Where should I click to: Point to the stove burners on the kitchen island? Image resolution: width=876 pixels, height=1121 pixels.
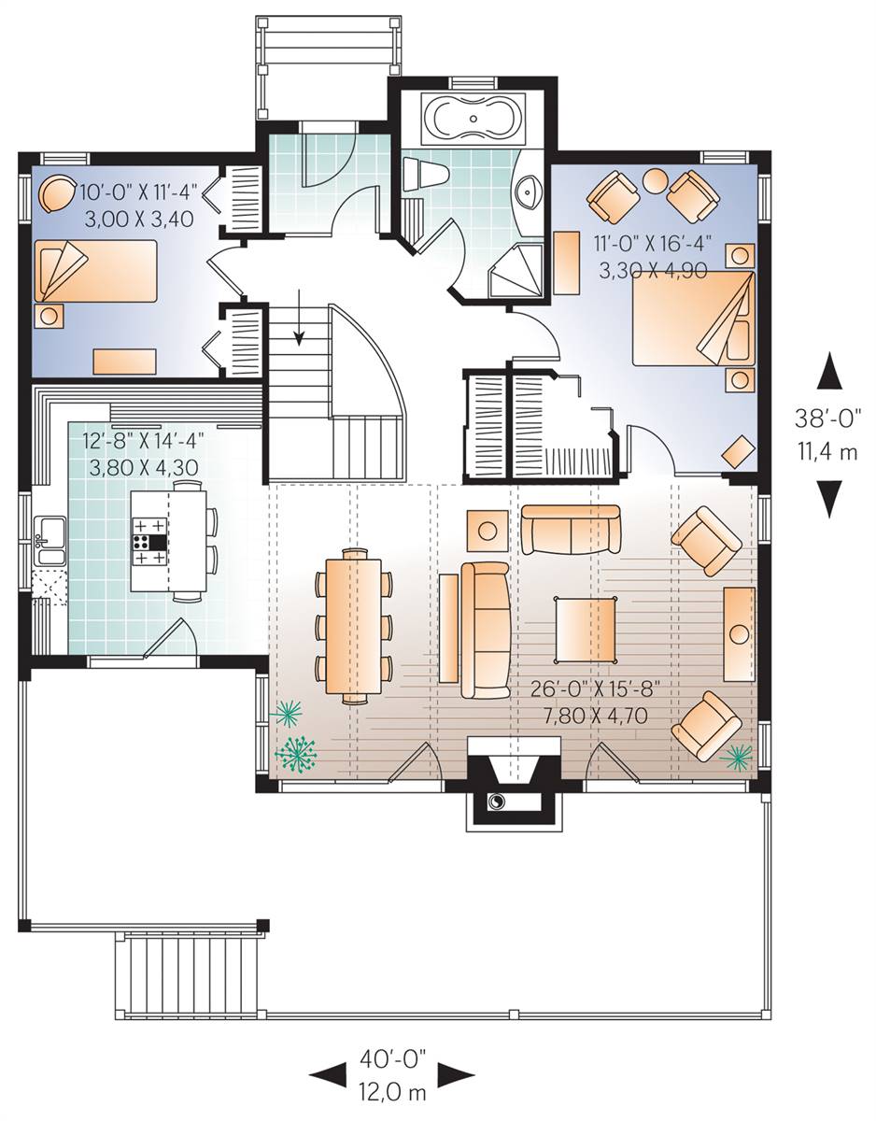click(x=150, y=542)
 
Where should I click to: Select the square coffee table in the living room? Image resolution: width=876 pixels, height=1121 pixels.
click(x=586, y=630)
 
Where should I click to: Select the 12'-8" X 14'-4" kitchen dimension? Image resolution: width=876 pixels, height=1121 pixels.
click(x=143, y=442)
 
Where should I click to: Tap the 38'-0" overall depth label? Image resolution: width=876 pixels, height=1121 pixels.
click(x=828, y=419)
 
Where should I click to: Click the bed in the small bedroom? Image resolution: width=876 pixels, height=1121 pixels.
click(x=96, y=271)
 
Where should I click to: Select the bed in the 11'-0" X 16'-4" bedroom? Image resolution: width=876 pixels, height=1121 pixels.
click(x=694, y=319)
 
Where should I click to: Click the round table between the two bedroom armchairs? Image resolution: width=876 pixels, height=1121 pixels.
click(x=656, y=181)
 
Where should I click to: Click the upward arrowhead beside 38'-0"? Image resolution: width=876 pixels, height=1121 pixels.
click(x=829, y=371)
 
